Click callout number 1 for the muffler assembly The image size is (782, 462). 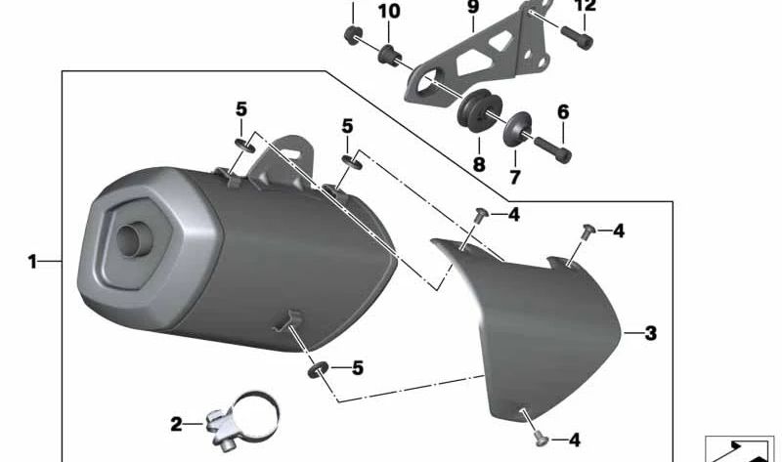[x=31, y=262]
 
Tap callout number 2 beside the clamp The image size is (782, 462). [x=176, y=424]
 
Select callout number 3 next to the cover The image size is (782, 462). [x=650, y=333]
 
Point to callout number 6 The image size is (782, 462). [x=563, y=112]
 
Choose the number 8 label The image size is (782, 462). [x=479, y=165]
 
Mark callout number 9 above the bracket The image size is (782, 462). [x=473, y=9]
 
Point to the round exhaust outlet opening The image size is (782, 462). [x=130, y=240]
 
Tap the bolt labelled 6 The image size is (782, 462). [x=549, y=149]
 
